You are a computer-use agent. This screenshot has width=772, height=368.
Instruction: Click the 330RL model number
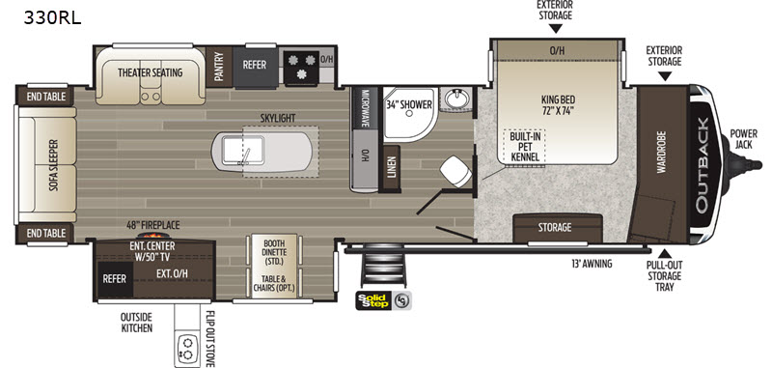pyautogui.click(x=52, y=18)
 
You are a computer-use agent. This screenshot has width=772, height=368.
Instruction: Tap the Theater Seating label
pyautogui.click(x=150, y=72)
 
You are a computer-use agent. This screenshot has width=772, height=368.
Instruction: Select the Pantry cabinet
pyautogui.click(x=219, y=67)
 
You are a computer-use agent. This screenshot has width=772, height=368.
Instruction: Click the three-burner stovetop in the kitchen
pyautogui.click(x=301, y=67)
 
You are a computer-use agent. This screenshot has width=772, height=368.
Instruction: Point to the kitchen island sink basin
pyautogui.click(x=243, y=151)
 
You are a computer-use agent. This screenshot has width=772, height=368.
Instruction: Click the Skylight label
pyautogui.click(x=278, y=118)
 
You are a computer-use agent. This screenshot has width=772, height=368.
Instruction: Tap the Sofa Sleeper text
pyautogui.click(x=54, y=165)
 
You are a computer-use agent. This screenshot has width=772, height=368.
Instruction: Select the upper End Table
pyautogui.click(x=45, y=96)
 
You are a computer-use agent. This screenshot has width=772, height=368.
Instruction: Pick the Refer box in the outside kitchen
pyautogui.click(x=115, y=279)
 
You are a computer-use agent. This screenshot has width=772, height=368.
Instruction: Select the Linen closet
pyautogui.click(x=392, y=169)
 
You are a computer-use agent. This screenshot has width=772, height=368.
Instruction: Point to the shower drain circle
pyautogui.click(x=408, y=113)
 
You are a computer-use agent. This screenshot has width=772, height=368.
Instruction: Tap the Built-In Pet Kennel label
pyautogui.click(x=524, y=146)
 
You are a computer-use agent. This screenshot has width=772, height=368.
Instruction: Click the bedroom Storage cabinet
pyautogui.click(x=558, y=228)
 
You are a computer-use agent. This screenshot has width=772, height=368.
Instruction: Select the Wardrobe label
pyautogui.click(x=661, y=152)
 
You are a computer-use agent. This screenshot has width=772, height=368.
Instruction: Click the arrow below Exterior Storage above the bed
pyautogui.click(x=556, y=29)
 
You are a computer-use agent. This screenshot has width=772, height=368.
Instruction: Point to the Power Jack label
pyautogui.click(x=743, y=138)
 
